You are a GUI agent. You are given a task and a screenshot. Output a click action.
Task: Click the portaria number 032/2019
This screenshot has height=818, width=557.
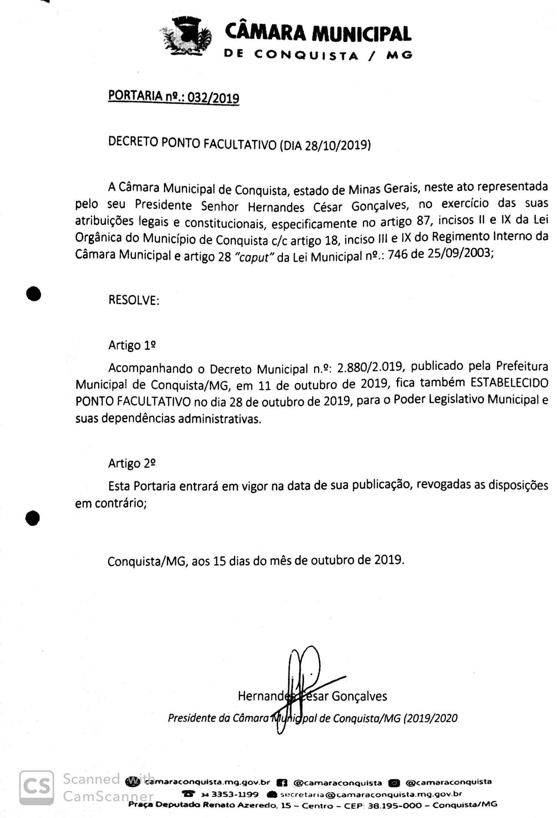(213, 98)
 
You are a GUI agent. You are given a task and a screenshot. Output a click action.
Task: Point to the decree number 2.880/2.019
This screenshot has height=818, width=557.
(370, 367)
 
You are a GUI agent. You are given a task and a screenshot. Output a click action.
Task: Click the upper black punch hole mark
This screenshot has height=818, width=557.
(33, 294)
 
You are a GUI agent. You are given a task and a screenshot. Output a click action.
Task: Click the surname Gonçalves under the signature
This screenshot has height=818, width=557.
(359, 696)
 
